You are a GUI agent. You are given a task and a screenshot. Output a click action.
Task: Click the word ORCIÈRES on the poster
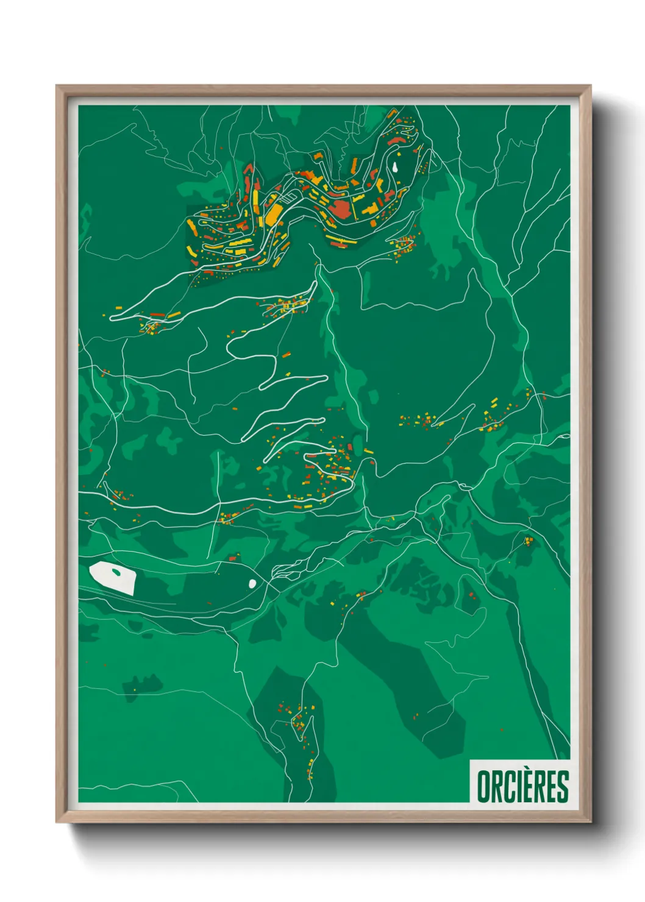pyautogui.click(x=522, y=786)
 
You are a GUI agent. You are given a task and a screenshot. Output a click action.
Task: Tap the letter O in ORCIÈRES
pyautogui.click(x=483, y=786)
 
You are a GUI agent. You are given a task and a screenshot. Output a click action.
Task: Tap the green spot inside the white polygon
pyautogui.click(x=116, y=572)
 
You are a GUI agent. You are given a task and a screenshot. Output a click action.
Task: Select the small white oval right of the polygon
pyautogui.click(x=252, y=583)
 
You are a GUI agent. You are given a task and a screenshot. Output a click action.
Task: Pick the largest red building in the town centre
pyautogui.click(x=341, y=207)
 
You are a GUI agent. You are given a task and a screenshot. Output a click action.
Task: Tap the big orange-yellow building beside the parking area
pyautogui.click(x=274, y=212)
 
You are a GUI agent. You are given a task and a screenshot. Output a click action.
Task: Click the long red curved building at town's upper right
pyautogui.click(x=396, y=141)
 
